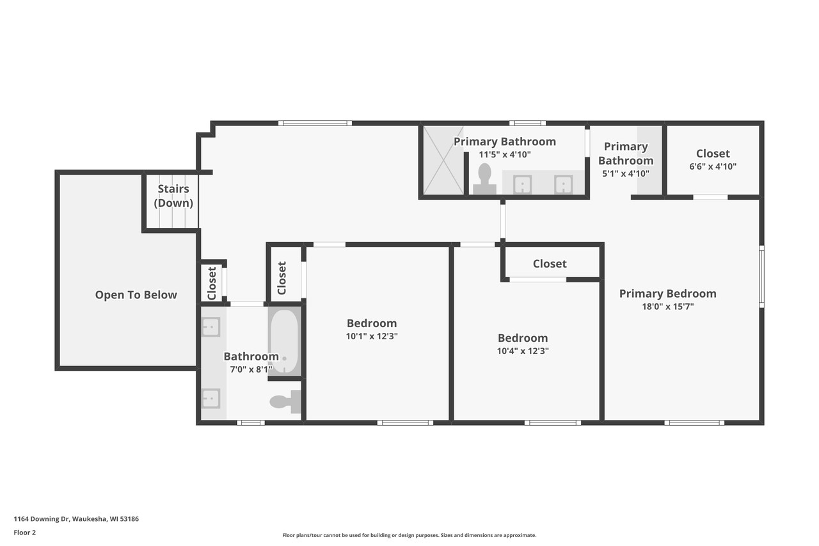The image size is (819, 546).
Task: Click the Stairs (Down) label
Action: click(173, 196)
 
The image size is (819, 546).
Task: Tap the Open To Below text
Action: click(136, 295)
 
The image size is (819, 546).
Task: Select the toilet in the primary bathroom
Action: click(484, 179)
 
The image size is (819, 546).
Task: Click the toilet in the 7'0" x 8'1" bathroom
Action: click(284, 401)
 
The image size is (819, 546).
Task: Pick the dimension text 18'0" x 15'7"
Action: click(667, 307)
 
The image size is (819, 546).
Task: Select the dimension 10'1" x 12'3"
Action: click(372, 336)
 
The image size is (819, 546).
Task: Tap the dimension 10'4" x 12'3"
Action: click(523, 351)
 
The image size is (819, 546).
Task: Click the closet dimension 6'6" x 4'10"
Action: click(713, 166)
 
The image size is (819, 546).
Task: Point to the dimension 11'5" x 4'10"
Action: click(505, 154)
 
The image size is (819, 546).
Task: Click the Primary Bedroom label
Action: click(667, 294)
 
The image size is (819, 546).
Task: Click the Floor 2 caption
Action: click(25, 532)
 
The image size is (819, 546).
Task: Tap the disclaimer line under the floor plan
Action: click(409, 535)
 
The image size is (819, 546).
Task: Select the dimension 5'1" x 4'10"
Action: click(625, 173)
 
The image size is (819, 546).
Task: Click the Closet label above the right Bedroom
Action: click(550, 264)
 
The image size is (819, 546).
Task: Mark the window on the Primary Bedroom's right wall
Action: click(761, 276)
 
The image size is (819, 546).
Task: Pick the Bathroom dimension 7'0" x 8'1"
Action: click(251, 369)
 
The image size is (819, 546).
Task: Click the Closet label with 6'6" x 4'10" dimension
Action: click(713, 154)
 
